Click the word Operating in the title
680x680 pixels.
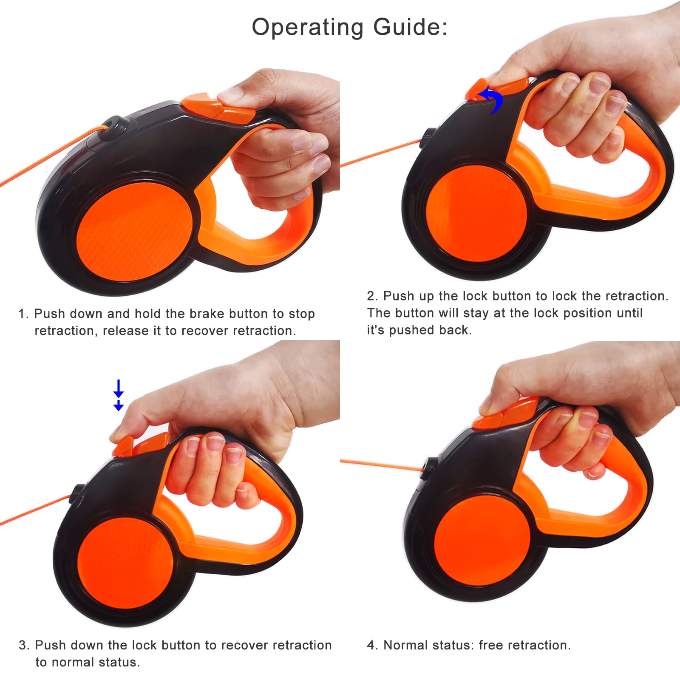tap(308, 28)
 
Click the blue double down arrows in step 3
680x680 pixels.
tap(119, 395)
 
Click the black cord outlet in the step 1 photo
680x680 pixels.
tap(112, 126)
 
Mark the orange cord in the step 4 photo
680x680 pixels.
tap(382, 465)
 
